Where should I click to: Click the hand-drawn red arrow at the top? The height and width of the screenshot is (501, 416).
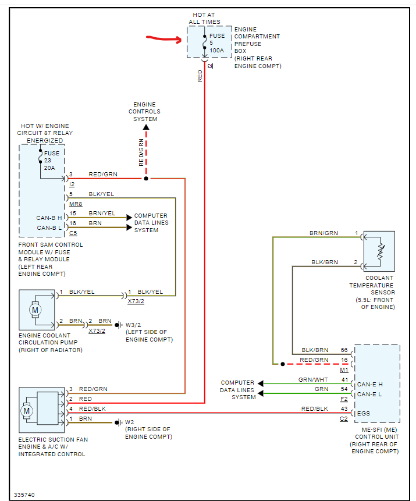pyautogui.click(x=164, y=40)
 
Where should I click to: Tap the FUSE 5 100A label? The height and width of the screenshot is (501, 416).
pyautogui.click(x=216, y=43)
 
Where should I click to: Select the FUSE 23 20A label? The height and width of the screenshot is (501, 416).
pyautogui.click(x=51, y=161)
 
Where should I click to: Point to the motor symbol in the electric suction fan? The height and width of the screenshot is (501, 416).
pyautogui.click(x=26, y=411)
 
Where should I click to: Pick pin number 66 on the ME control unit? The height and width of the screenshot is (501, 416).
pyautogui.click(x=344, y=350)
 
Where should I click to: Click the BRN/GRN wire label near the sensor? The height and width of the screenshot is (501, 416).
pyautogui.click(x=323, y=233)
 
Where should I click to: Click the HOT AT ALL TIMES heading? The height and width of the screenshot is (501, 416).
pyautogui.click(x=204, y=18)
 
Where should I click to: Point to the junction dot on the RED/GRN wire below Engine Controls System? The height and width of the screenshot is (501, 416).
pyautogui.click(x=146, y=179)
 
